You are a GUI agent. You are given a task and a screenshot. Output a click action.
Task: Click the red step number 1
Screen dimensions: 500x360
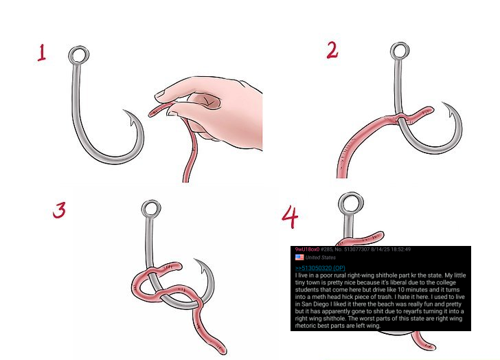coord(42,53)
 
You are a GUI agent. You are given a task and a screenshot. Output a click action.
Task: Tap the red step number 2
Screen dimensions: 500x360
coord(332,50)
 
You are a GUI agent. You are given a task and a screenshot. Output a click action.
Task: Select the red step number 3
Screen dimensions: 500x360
coord(60,210)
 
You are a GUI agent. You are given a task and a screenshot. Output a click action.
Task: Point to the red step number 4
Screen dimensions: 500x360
coord(290,217)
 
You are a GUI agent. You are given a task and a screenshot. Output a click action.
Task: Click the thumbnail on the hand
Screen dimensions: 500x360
coord(160,94)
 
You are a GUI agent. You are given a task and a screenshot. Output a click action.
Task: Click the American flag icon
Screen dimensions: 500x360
coord(299,258)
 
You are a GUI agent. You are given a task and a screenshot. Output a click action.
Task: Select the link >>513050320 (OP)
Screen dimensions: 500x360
coord(320,268)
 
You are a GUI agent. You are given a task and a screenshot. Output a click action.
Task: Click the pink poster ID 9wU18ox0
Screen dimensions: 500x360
coord(307,249)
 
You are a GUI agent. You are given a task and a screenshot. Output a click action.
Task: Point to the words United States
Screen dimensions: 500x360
coord(321,258)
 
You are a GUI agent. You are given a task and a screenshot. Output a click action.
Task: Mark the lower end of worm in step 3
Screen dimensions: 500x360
coord(223,350)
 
